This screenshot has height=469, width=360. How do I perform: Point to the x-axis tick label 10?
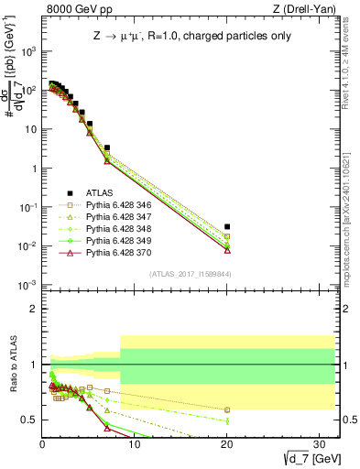pyautogui.click(x=135, y=443)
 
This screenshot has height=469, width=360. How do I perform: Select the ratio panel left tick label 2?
pyautogui.click(x=33, y=309)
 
